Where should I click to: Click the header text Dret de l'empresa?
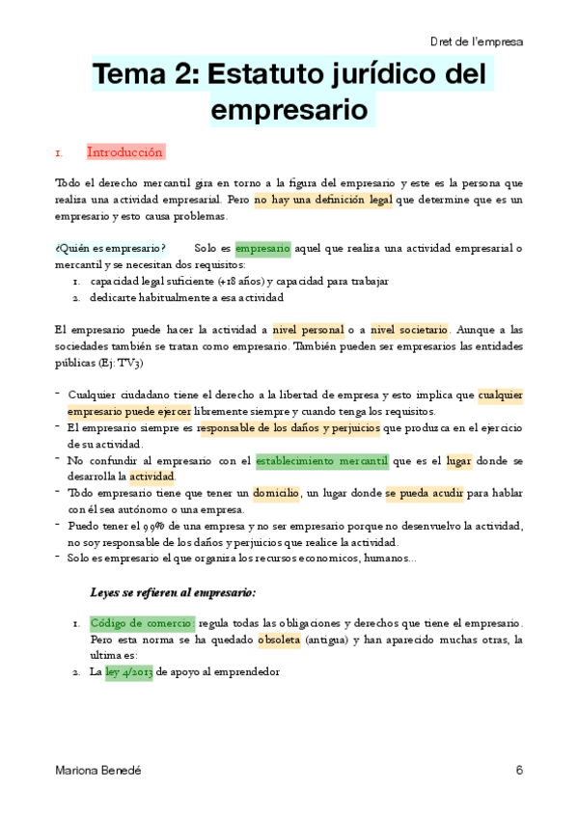point(477,41)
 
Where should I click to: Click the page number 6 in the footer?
point(519,770)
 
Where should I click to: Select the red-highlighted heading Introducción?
point(124,152)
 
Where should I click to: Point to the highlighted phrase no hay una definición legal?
point(323,201)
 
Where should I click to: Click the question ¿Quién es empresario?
point(110,249)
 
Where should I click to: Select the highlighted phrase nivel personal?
point(308,330)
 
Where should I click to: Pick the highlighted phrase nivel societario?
point(409,330)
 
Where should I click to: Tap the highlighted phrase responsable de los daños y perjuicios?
point(289,427)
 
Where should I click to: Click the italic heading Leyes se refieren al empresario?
point(173,591)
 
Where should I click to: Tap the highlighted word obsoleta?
point(279,640)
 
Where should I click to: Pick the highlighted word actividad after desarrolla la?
point(152,477)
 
